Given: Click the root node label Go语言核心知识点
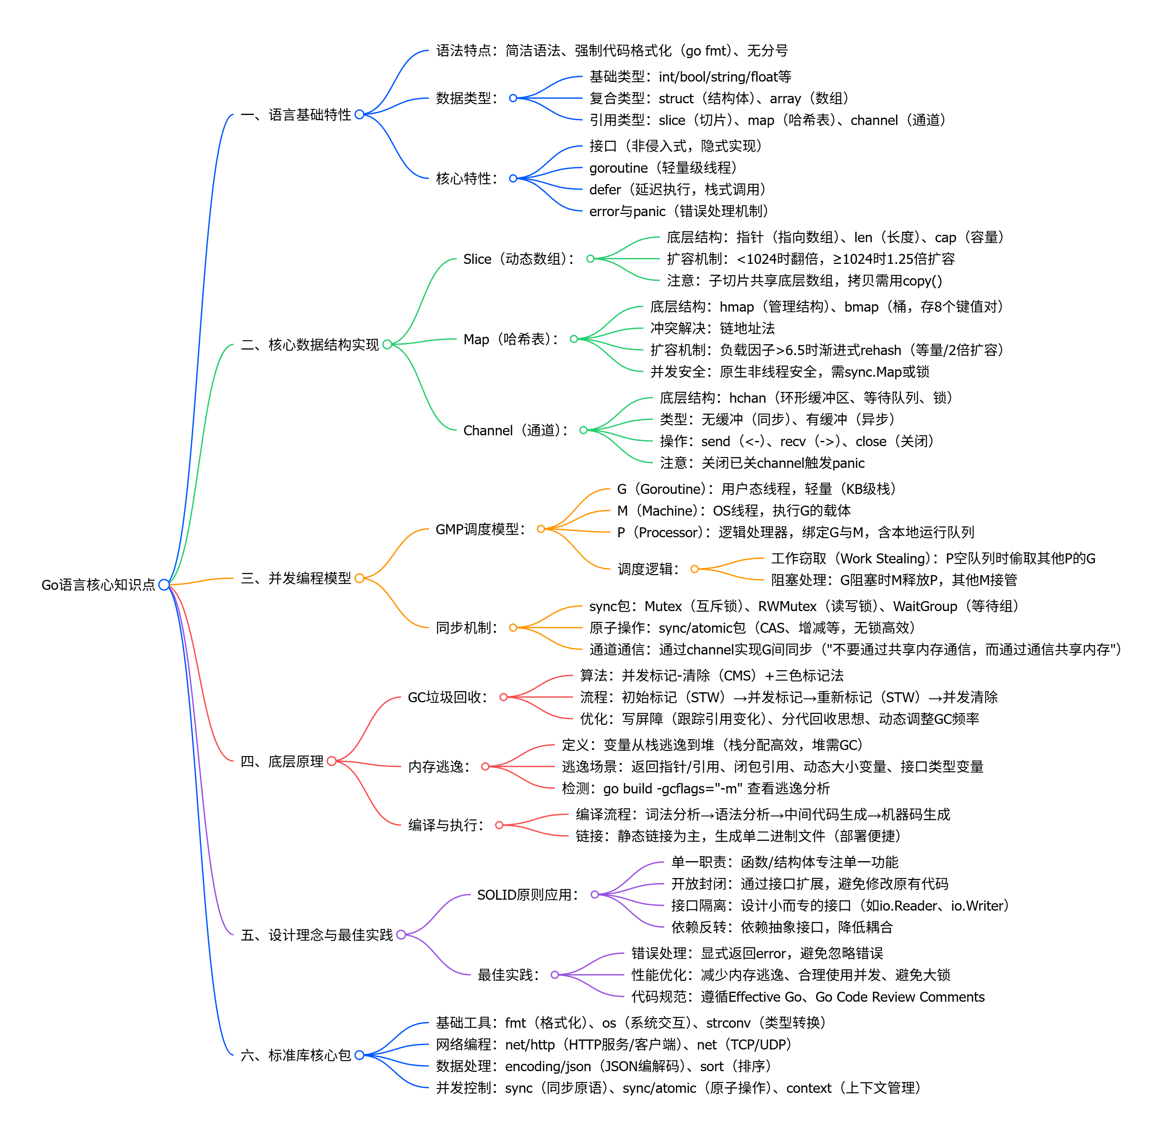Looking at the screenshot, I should pyautogui.click(x=98, y=585).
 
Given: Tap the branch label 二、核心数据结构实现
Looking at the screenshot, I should pyautogui.click(x=310, y=345).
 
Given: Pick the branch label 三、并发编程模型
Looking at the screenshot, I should pyautogui.click(x=296, y=578).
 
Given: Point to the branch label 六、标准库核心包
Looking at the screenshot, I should pyautogui.click(x=296, y=1055).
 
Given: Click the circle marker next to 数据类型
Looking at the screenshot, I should pyautogui.click(x=513, y=98).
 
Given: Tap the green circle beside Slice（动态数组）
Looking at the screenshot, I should pyautogui.click(x=590, y=259).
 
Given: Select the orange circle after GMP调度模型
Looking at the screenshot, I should pyautogui.click(x=540, y=529).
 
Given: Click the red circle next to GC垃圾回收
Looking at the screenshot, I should pyautogui.click(x=503, y=697).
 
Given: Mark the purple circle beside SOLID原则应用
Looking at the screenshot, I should pyautogui.click(x=594, y=895).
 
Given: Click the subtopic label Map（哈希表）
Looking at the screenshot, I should pyautogui.click(x=511, y=339).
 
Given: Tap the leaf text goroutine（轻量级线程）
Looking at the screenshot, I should pyautogui.click(x=663, y=168).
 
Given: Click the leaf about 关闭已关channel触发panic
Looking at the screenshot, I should pyautogui.click(x=762, y=463).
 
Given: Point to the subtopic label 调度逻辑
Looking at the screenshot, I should pyautogui.click(x=648, y=569).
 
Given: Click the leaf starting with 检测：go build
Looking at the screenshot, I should pyautogui.click(x=695, y=789).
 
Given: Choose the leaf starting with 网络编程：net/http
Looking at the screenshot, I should pyautogui.click(x=613, y=1045).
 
